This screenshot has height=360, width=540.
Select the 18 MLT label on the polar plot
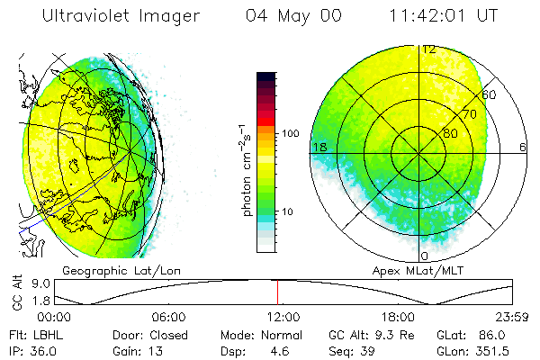pos(318,147)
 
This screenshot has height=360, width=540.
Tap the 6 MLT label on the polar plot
pos(523,147)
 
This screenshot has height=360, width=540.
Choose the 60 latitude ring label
pos(490,94)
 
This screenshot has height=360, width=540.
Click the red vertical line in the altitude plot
pos(277,292)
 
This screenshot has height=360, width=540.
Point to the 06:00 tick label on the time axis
pos(169,318)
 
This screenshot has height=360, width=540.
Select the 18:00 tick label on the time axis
pos(397,318)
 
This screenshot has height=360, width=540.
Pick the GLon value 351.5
pos(500,348)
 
